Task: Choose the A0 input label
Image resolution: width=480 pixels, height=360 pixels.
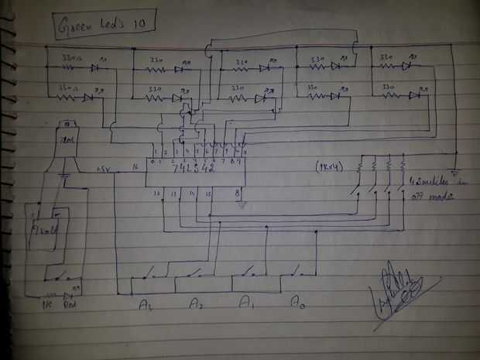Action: (x=296, y=300)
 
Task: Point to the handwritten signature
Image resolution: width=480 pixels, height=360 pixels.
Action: (x=399, y=290)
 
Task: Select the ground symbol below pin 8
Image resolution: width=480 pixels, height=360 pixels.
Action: (x=242, y=206)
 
